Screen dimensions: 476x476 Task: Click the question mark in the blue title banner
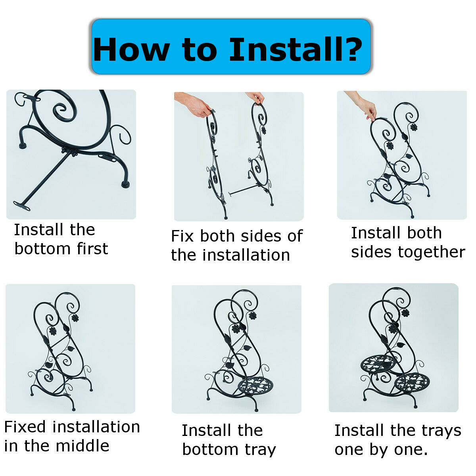[349, 49]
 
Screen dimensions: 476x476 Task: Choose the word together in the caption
[432, 252]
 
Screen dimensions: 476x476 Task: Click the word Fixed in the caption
[25, 426]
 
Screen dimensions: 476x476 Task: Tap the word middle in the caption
[83, 446]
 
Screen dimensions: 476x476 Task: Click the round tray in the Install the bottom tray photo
[256, 388]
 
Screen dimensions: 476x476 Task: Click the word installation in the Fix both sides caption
[246, 255]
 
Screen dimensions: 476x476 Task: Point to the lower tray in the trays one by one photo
[412, 383]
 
